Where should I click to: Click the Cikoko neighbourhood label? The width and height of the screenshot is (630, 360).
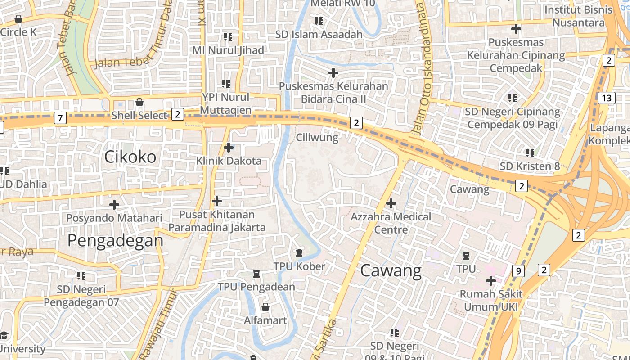[130, 157]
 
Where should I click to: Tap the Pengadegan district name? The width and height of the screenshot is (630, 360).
[115, 240]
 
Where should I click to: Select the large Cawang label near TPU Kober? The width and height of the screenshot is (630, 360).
[391, 270]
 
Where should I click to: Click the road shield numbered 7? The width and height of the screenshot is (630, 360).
[60, 118]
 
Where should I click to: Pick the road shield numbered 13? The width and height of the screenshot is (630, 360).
[607, 98]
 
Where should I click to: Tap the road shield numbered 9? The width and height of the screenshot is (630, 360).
[518, 271]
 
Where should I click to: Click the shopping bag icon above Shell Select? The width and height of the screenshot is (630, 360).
[139, 102]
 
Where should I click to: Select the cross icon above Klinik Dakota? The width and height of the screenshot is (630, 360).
[229, 147]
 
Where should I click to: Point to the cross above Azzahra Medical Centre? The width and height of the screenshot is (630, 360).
[391, 203]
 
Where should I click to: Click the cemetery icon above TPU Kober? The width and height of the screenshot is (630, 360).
[299, 253]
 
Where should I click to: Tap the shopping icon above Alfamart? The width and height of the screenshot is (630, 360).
[265, 307]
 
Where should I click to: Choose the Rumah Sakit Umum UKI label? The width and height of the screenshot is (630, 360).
[491, 301]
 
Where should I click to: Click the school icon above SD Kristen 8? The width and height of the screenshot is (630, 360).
[530, 153]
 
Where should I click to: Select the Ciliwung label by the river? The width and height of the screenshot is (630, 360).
[317, 137]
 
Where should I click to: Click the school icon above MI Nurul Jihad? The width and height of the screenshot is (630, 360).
[228, 37]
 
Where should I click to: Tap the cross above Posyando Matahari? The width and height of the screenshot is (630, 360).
[114, 205]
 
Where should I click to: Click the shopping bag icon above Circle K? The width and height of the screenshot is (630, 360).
[18, 19]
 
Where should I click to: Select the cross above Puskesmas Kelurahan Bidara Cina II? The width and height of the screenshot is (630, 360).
[333, 72]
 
